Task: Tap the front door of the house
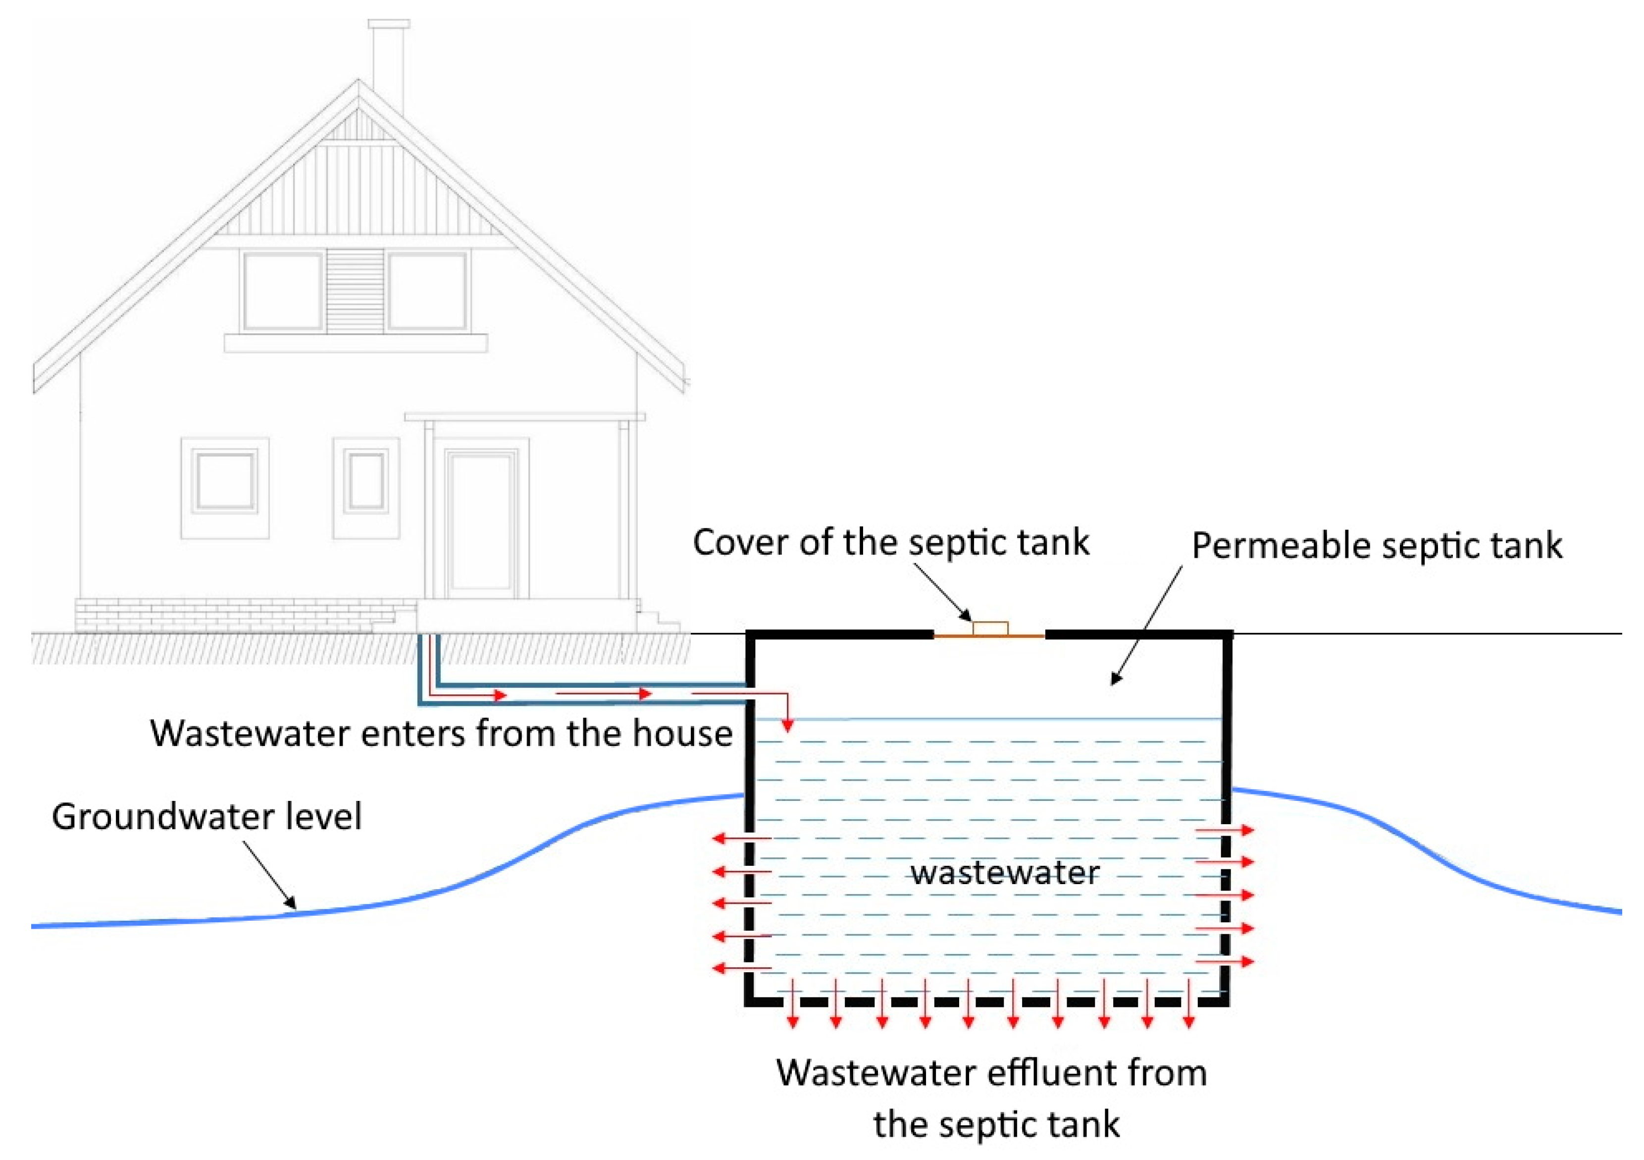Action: [481, 523]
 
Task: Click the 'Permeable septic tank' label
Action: [1376, 546]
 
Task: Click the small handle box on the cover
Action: [990, 628]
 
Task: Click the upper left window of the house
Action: [282, 291]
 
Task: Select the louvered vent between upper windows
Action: [355, 291]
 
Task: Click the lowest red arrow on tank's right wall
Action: [1225, 962]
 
